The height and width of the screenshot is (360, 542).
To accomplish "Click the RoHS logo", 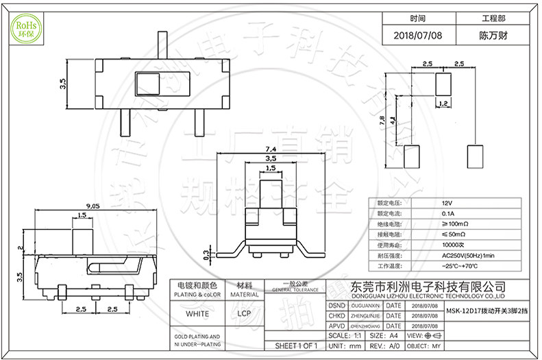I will pos(25,27).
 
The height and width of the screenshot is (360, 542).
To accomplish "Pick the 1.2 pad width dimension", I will pos(443,104).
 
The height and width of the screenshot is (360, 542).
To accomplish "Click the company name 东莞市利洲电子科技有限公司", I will pos(428,286).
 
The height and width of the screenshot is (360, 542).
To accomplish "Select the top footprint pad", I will pos(443,86).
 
